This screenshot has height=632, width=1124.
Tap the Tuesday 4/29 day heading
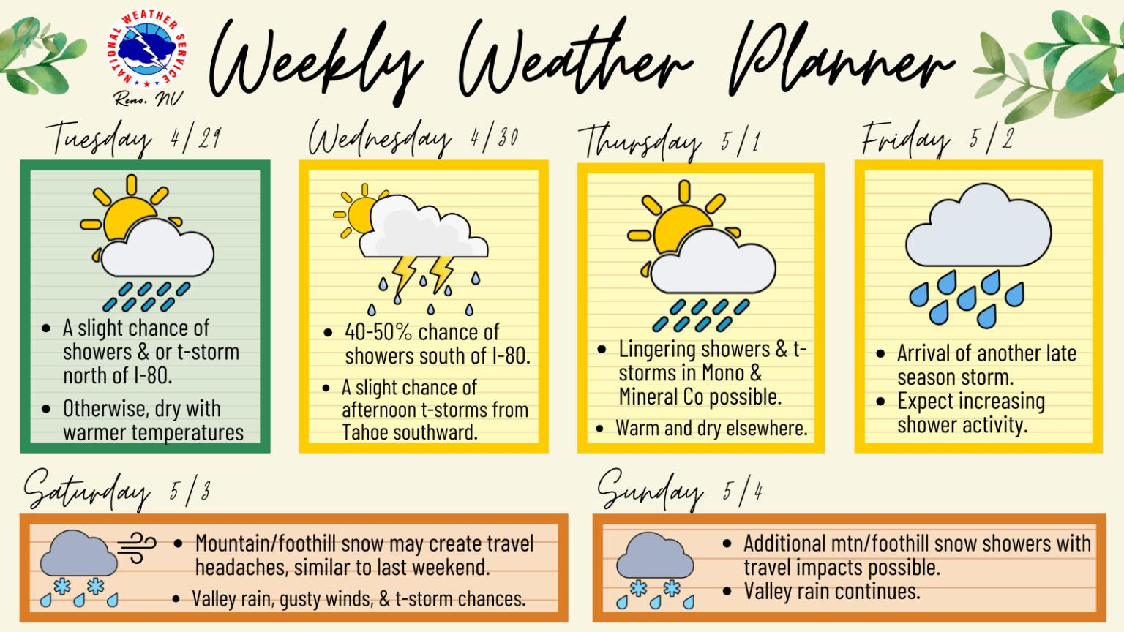tap(134, 138)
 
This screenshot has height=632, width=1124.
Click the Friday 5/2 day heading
tap(937, 138)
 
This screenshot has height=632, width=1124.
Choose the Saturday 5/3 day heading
tap(117, 491)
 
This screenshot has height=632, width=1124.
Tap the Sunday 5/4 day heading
tap(680, 491)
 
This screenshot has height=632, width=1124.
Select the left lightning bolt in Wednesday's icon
tap(405, 274)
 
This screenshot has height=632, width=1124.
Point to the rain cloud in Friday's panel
tap(978, 225)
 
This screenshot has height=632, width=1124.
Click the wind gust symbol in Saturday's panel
tap(137, 548)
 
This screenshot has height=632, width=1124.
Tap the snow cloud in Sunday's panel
tap(655, 555)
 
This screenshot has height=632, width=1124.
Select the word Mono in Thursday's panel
tap(723, 373)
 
